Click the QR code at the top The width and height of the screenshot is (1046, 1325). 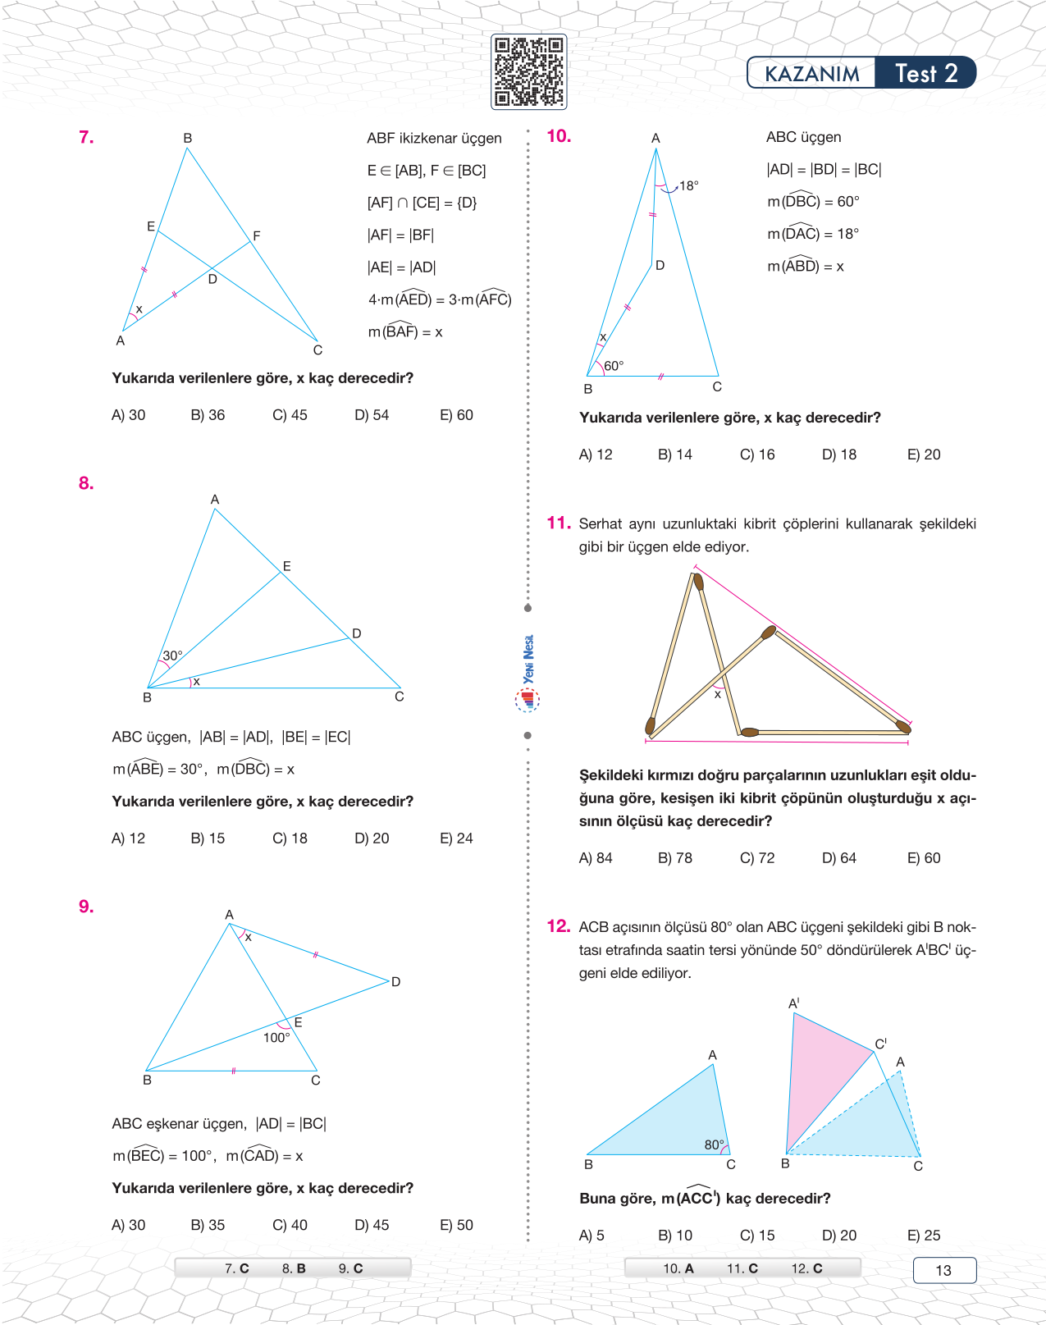tap(528, 71)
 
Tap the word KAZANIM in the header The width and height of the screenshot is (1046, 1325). tap(811, 74)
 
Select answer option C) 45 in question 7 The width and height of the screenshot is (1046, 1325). tap(290, 415)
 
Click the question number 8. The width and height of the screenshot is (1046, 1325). tap(86, 483)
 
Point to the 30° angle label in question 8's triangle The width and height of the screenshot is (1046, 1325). tap(172, 656)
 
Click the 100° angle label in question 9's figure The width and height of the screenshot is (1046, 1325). tap(276, 1038)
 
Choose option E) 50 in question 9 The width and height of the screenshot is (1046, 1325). tap(456, 1225)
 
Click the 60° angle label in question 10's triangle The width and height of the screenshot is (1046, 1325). tap(614, 366)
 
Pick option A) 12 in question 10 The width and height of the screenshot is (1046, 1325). tap(596, 455)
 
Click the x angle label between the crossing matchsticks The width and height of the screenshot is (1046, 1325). tap(717, 695)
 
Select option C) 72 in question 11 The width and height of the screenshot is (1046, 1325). tap(757, 858)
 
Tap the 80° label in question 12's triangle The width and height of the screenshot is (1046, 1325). tap(714, 1145)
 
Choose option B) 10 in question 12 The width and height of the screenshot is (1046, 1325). tap(675, 1236)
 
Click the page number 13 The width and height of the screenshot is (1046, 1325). tap(943, 1270)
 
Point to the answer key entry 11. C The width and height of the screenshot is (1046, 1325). tap(742, 1268)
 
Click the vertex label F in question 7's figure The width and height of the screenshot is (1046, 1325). tap(257, 236)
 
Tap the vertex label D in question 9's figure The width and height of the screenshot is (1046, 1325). tap(395, 982)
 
